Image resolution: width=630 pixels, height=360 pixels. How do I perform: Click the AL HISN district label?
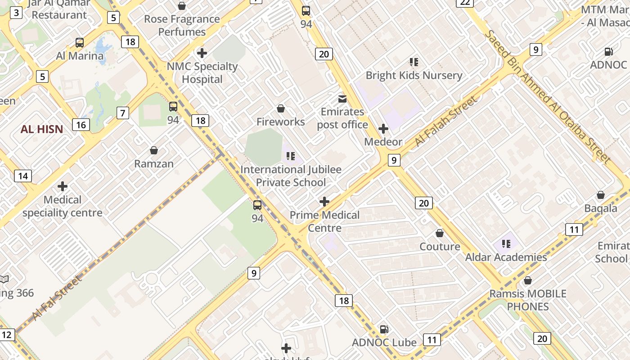42,130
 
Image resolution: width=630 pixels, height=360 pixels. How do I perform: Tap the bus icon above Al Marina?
80,43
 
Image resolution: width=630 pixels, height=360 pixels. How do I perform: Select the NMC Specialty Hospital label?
202,73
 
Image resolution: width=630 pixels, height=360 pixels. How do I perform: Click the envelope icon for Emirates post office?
342,99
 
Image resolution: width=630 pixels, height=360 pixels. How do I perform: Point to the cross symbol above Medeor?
383,129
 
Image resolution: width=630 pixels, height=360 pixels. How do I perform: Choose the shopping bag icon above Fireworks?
281,108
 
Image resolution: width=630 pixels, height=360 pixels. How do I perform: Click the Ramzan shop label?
154,163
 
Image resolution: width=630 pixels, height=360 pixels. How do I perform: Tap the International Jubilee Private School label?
291,176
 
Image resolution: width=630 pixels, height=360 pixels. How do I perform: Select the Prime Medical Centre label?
324,221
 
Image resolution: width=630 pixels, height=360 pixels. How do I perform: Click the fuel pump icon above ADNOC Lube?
384,329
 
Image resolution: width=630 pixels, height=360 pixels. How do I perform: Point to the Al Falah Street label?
445,121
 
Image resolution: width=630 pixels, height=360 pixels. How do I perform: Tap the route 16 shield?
81,125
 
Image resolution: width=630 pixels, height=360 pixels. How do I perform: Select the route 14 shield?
22,176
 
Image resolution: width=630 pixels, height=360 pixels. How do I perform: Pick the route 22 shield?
465,3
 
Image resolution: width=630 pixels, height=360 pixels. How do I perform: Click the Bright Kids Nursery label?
414,75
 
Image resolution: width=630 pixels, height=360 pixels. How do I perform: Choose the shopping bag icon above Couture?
440,233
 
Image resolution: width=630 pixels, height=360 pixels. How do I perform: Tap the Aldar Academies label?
506,257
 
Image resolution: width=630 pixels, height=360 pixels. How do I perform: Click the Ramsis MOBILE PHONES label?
528,300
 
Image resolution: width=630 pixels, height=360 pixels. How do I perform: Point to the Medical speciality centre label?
63,206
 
